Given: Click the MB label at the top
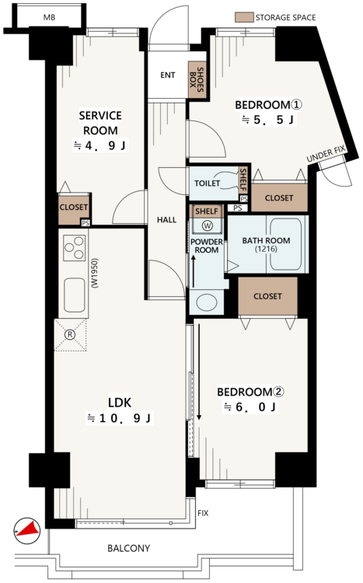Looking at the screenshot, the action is coord(49,17).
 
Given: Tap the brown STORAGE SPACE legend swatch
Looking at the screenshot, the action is coord(244,17).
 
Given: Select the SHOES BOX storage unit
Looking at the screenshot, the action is coord(197,79).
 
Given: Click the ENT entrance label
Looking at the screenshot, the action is coord(168,75).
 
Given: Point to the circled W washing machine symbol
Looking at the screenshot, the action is coord(208,225).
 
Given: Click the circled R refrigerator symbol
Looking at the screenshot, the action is coord(70,334).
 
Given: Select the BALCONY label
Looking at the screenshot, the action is coord(129,548).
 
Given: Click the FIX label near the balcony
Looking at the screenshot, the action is coord(203,513).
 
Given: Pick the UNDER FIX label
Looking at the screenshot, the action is coord(326,154).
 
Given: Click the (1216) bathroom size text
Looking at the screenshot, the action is coord(267,249).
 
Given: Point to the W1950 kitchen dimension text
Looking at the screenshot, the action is coord(95,274).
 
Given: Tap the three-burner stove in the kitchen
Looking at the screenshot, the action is coord(74,248).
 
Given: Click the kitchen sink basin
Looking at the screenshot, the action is coord(74,295).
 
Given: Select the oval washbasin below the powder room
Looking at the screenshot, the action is coord(207,302).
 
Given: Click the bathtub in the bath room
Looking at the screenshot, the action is coord(285,244).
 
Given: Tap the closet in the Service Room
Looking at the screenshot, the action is coord(74,209).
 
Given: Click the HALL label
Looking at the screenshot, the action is coord(166,220).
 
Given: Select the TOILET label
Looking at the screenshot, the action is coord(208,183).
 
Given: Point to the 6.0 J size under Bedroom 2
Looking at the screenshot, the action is coord(250,407).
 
